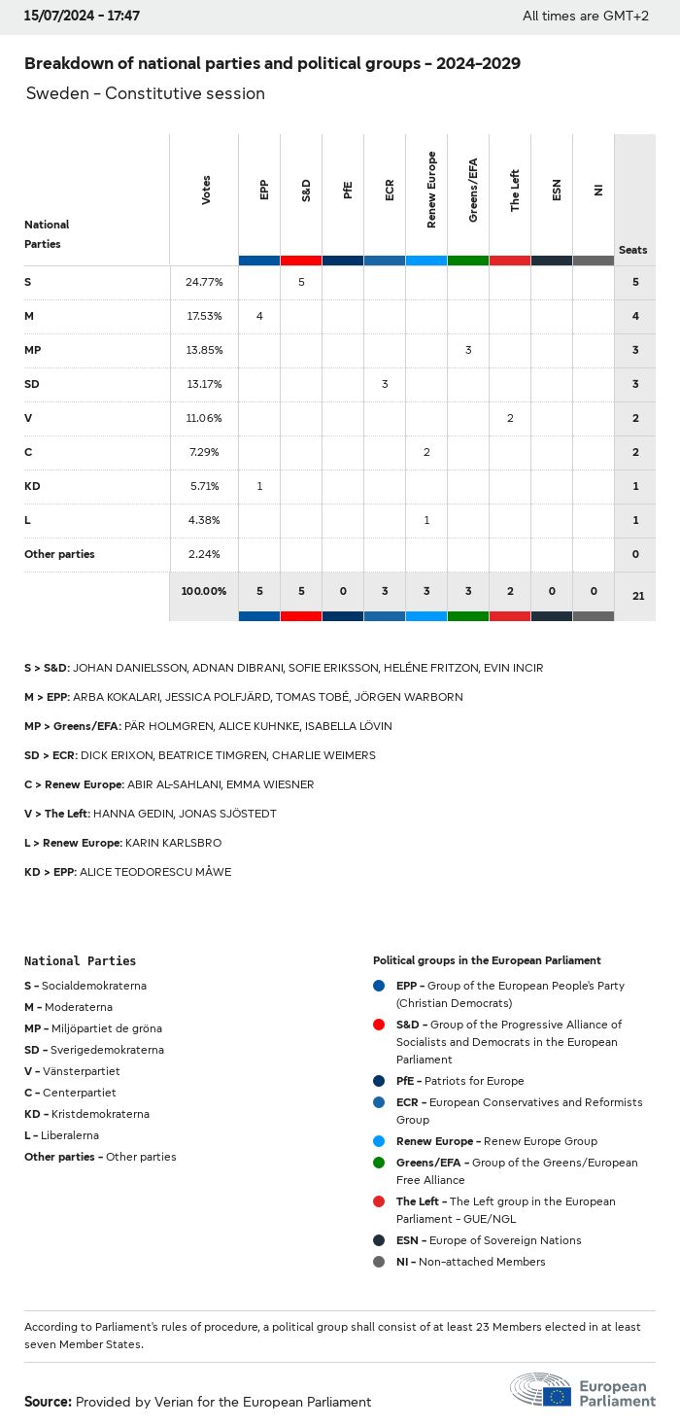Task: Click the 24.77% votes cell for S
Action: [204, 282]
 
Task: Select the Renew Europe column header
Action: [431, 191]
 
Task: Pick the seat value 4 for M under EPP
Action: [259, 316]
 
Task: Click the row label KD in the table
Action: [32, 486]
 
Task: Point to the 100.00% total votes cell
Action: [204, 591]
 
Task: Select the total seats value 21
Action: [637, 596]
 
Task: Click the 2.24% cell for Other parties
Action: [204, 554]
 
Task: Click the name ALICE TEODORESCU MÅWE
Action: [155, 872]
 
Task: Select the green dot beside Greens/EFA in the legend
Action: [379, 1163]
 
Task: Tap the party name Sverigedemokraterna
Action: [107, 1050]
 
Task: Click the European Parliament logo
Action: [583, 1391]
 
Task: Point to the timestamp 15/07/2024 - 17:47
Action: [82, 17]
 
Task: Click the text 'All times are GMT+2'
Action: [585, 17]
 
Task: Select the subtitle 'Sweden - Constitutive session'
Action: [146, 94]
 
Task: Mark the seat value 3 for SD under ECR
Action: [385, 384]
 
